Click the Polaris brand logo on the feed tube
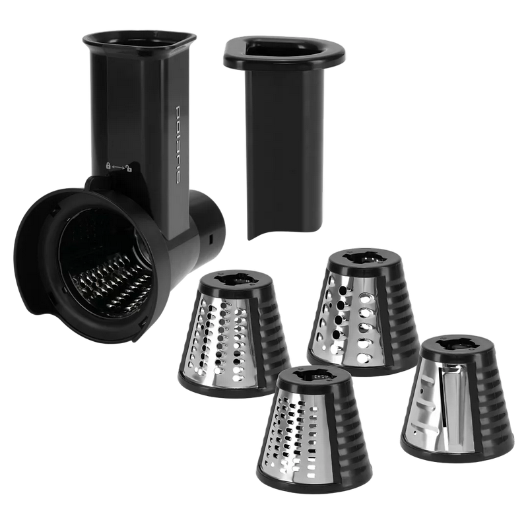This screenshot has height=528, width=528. click(x=179, y=145)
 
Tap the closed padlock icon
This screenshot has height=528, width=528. click(x=108, y=166)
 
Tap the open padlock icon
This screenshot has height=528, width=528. click(x=129, y=168)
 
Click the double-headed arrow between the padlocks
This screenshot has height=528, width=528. click(x=118, y=167)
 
